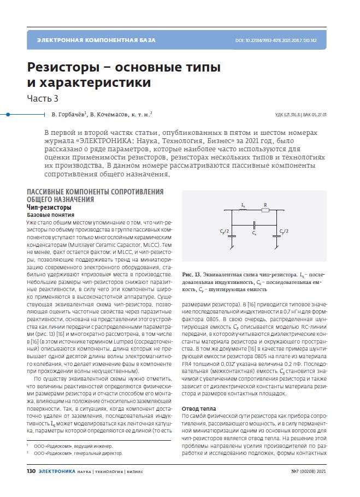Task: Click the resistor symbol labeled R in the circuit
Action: (265, 210)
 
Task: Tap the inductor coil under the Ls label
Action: (243, 210)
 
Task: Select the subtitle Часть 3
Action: (43, 98)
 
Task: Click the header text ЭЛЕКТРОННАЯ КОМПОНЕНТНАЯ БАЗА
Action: (96, 40)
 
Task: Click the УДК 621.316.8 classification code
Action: (287, 115)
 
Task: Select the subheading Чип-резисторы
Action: (49, 208)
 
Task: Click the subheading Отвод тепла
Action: (198, 408)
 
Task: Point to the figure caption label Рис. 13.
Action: (191, 272)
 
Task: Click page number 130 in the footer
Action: (31, 471)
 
